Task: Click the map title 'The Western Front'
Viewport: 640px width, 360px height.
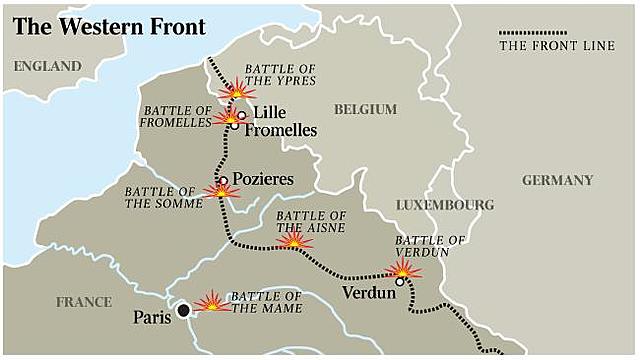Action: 109,26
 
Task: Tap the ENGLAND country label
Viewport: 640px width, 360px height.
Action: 47,67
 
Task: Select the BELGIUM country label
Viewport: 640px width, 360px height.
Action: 365,109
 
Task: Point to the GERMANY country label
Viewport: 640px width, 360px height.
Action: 557,180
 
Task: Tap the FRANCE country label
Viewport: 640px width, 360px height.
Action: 84,301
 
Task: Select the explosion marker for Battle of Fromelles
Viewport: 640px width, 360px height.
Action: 229,117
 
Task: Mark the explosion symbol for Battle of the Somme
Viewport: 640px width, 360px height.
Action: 221,190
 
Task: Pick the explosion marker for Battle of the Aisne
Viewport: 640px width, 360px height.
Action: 294,241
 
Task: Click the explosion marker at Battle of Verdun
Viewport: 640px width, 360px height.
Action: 403,269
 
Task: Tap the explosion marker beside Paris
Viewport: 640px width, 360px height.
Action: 212,301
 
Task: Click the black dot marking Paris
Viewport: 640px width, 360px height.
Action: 183,311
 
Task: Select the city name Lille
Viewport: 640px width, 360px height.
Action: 271,113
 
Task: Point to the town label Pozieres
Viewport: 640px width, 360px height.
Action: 263,178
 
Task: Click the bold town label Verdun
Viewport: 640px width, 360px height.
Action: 368,294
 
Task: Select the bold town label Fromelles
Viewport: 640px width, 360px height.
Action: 281,130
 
